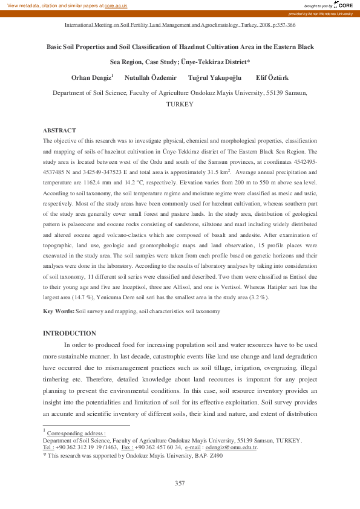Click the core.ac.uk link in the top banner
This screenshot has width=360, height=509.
click(116, 5)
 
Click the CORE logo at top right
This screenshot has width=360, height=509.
click(343, 5)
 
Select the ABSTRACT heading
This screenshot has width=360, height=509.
click(59, 131)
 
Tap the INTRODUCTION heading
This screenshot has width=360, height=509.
click(69, 333)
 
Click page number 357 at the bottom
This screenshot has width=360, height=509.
click(180, 482)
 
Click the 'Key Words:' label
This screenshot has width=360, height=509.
click(59, 311)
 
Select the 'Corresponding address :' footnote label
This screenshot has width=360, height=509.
click(76, 433)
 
